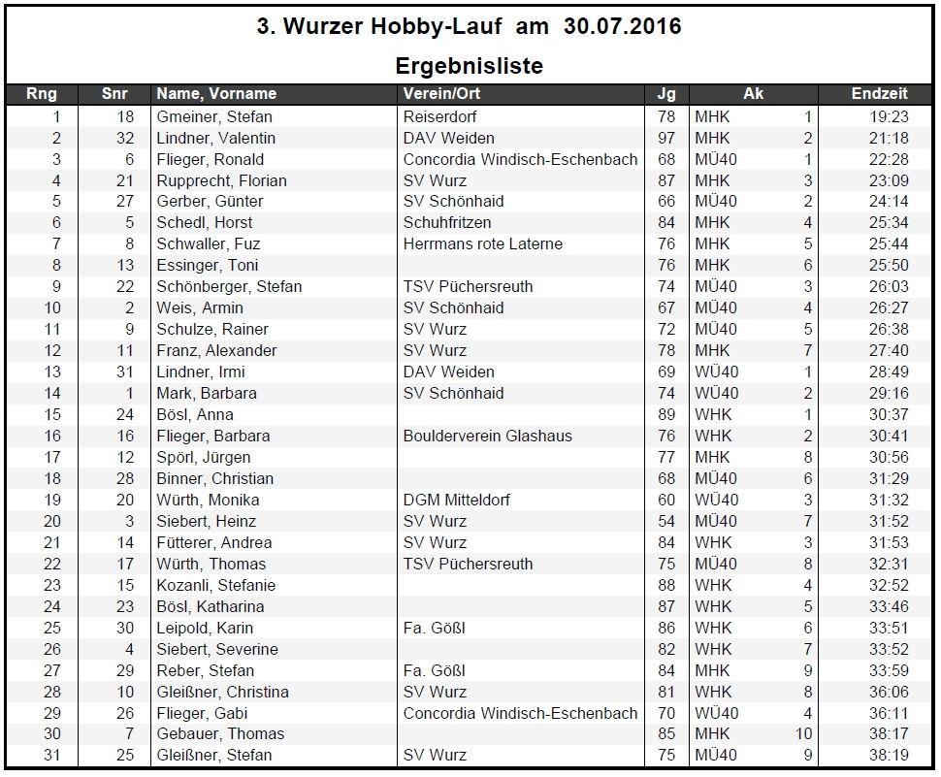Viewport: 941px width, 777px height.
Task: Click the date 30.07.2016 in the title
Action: [x=622, y=26]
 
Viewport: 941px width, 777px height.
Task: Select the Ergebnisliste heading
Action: [x=469, y=66]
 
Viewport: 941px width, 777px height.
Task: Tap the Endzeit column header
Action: [x=879, y=94]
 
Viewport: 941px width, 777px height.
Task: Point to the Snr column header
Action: [x=114, y=94]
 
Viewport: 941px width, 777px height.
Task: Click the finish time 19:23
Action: [x=889, y=116]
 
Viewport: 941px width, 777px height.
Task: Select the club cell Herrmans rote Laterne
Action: [x=482, y=243]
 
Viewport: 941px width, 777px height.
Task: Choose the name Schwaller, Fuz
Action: [x=209, y=243]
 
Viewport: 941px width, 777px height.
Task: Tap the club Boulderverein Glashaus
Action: [x=487, y=436]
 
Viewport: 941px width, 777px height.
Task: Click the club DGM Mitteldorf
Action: [x=456, y=500]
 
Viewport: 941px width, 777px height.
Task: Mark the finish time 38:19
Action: [x=889, y=755]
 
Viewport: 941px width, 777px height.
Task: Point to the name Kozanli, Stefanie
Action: [x=216, y=585]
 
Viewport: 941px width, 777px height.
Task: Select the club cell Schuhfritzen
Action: [x=447, y=222]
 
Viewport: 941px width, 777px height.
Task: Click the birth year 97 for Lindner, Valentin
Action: [x=666, y=138]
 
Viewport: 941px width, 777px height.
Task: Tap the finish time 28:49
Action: [x=889, y=372]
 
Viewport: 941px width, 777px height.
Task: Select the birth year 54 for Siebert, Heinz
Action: [x=666, y=521]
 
